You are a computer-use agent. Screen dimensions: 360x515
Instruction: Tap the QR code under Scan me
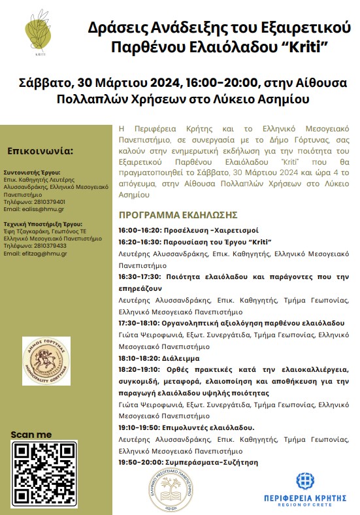click(44, 474)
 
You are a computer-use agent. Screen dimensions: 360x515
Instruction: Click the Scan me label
click(31, 435)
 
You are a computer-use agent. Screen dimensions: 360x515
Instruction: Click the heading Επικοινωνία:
click(41, 152)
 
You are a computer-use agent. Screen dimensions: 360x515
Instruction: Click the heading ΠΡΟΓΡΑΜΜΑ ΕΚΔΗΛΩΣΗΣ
click(178, 215)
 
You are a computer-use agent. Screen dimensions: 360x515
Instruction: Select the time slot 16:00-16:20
click(139, 231)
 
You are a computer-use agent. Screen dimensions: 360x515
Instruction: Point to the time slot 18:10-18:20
click(139, 359)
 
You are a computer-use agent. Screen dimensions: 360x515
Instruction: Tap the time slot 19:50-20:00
click(139, 462)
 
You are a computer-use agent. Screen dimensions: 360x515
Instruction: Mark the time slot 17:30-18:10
click(139, 323)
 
